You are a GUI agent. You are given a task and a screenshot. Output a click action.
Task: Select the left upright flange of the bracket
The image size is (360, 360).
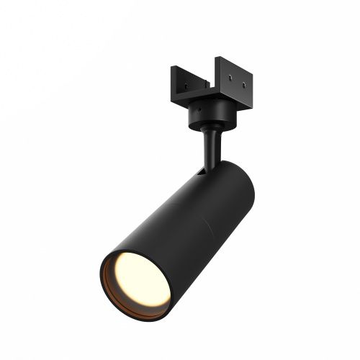(179, 79)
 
